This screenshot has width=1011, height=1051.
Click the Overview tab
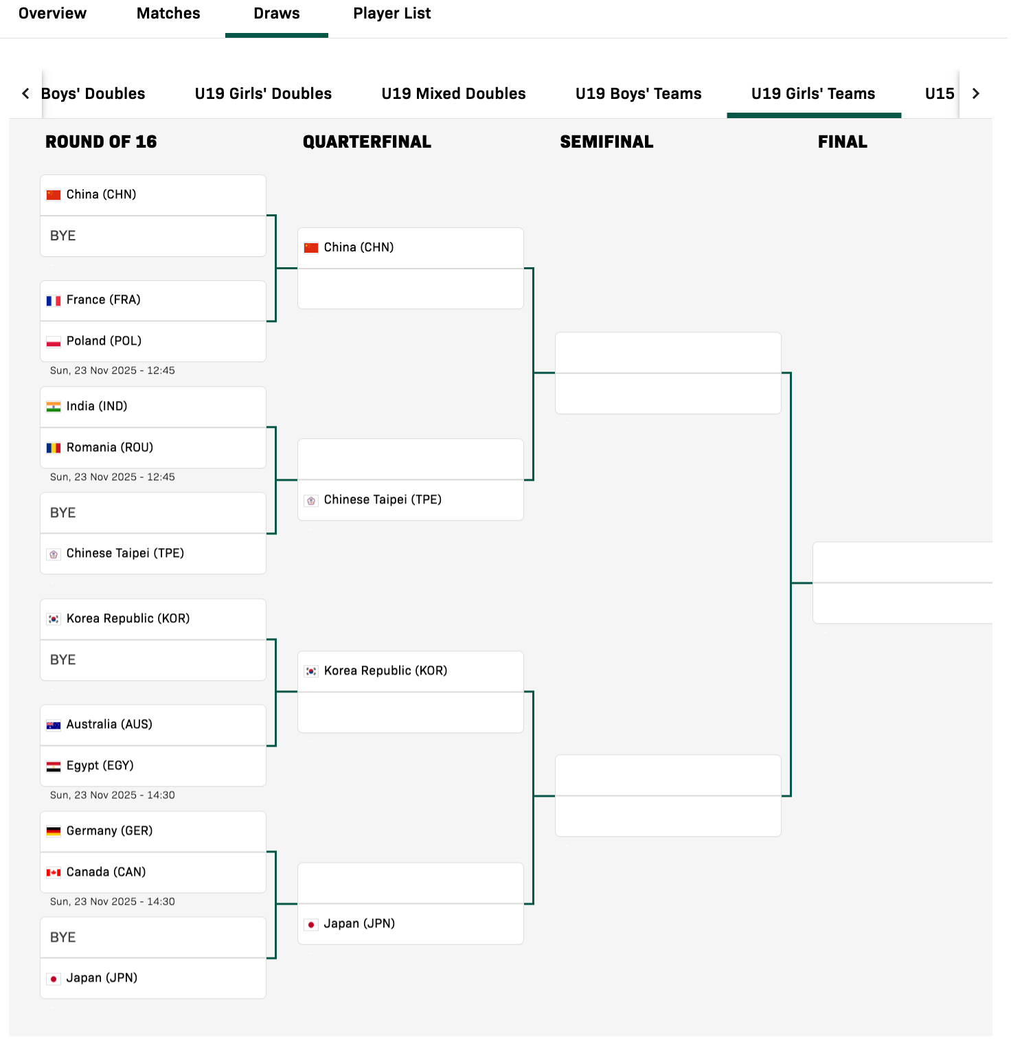tap(52, 14)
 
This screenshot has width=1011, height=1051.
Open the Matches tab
tap(168, 14)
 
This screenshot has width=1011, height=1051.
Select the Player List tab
tap(392, 14)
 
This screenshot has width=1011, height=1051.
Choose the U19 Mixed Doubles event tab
tap(453, 93)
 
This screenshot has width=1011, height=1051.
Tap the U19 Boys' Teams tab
tap(639, 93)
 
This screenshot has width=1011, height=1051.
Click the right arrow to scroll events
tap(976, 93)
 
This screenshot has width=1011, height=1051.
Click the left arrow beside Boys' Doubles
tap(25, 93)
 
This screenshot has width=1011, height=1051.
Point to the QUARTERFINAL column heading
tap(367, 142)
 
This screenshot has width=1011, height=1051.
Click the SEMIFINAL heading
tap(606, 142)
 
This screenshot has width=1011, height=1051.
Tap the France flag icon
tap(54, 301)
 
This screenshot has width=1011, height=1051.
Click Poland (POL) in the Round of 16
tap(104, 341)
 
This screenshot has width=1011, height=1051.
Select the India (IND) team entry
tap(97, 406)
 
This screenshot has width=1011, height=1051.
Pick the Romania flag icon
tap(54, 448)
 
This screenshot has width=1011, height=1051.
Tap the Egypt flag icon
tap(54, 767)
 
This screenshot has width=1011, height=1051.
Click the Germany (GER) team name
tap(109, 830)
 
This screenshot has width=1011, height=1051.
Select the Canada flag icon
tap(54, 872)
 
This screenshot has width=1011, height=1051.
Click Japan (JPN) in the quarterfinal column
tap(359, 923)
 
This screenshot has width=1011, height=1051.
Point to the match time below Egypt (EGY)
tap(113, 795)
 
